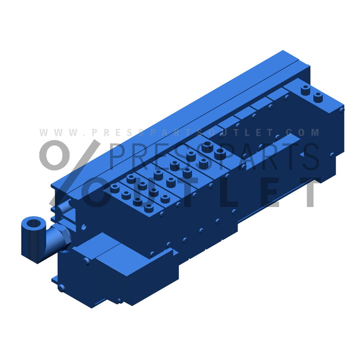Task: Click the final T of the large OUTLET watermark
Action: [310, 191]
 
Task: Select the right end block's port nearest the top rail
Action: [306, 89]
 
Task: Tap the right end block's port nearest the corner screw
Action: [318, 96]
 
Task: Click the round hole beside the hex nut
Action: [84, 226]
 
